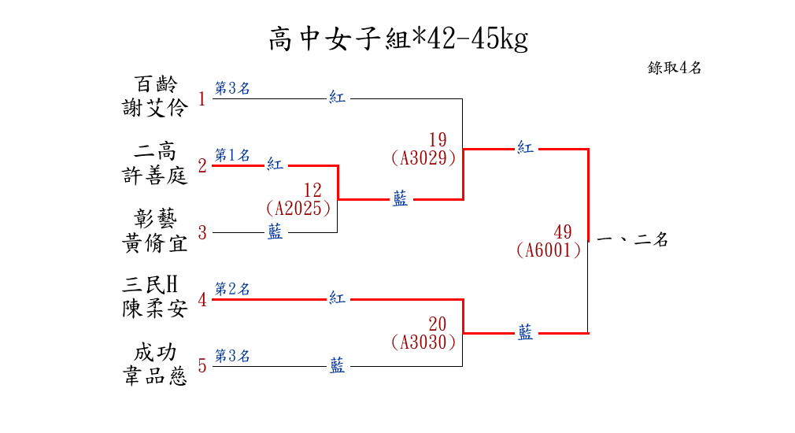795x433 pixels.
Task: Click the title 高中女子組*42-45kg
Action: [397, 38]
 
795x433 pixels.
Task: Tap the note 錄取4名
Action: [675, 68]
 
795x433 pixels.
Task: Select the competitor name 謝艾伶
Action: [155, 108]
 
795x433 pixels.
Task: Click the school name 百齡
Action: [155, 84]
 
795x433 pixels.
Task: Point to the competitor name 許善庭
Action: [155, 175]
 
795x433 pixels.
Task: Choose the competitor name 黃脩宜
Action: [155, 242]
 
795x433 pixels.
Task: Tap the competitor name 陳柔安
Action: [155, 309]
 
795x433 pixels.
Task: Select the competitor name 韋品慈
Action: [155, 376]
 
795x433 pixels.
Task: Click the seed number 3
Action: [202, 233]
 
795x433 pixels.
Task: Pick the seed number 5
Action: [202, 366]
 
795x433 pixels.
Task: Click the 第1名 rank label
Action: [232, 154]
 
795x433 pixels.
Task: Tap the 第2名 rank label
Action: [232, 289]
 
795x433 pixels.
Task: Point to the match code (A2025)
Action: [298, 209]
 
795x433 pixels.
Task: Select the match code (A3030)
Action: [423, 342]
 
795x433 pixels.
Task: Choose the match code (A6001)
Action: [549, 250]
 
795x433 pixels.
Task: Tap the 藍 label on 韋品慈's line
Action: [337, 365]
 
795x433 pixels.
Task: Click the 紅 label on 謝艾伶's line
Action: [337, 98]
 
